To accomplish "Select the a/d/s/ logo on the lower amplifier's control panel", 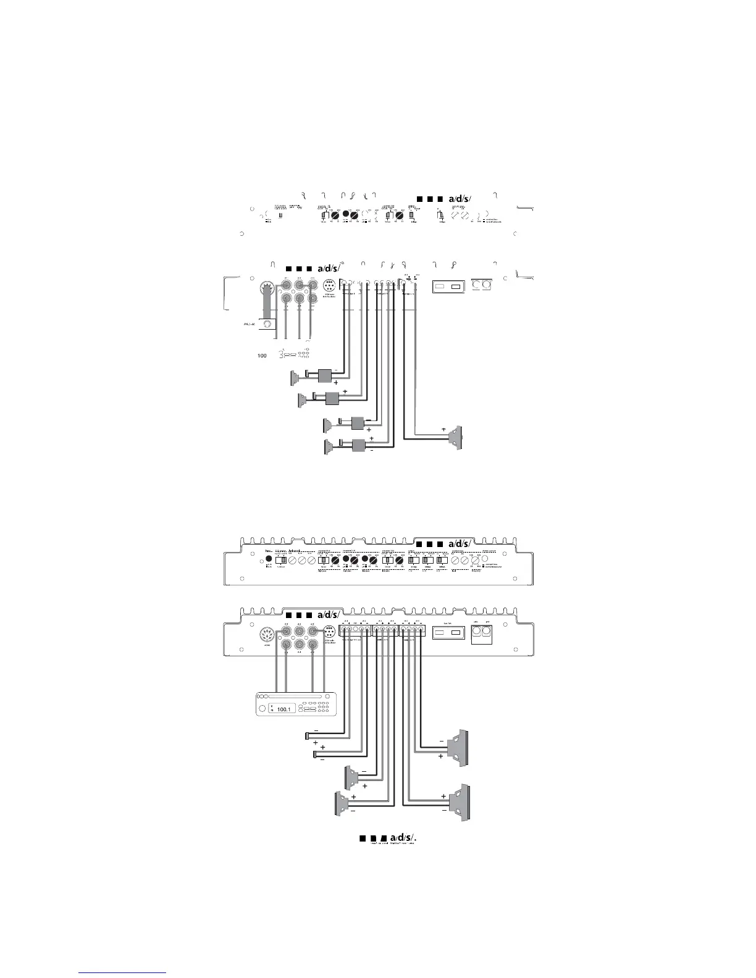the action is tap(445, 543).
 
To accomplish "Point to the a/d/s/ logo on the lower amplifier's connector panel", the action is tap(313, 615).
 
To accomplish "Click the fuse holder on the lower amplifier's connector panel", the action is tap(448, 633).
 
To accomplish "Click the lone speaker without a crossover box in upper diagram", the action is tap(456, 438).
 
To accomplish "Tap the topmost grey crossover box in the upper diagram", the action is tap(325, 375).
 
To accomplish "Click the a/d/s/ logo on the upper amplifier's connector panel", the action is tap(313, 269).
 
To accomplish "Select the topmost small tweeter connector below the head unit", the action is tap(309, 735).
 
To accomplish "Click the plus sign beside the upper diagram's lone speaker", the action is tap(443, 428).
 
